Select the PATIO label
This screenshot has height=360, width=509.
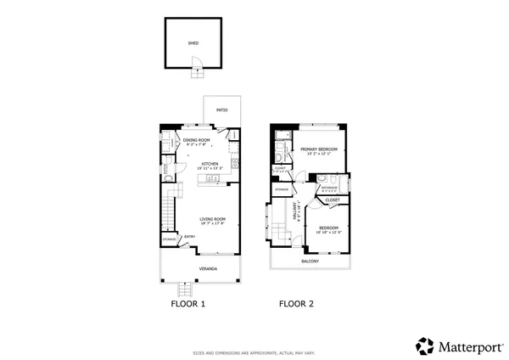(x=222, y=110)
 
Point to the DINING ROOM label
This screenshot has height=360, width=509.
(x=196, y=140)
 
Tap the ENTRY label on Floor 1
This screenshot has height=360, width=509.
(x=190, y=237)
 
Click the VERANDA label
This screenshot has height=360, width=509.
(x=208, y=269)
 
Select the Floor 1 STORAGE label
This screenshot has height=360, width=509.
(x=170, y=240)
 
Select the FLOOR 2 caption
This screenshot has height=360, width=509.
(x=298, y=303)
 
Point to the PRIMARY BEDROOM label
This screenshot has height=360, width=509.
(x=319, y=150)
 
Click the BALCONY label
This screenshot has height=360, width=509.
(x=310, y=262)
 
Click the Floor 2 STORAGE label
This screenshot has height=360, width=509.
(x=282, y=189)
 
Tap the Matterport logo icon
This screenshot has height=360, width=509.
(x=423, y=346)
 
